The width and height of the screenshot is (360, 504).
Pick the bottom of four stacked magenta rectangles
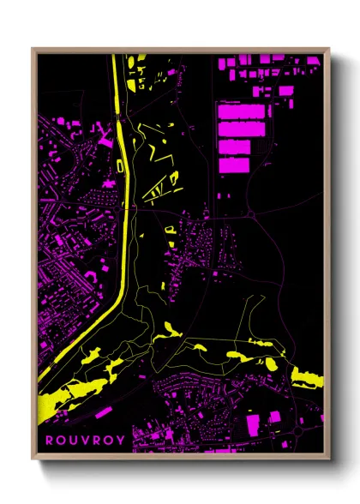coord(233,165)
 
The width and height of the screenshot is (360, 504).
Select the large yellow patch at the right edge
coord(305,377)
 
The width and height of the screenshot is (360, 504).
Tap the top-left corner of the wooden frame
coord(33,49)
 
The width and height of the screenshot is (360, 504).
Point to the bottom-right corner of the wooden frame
coord(328,456)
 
